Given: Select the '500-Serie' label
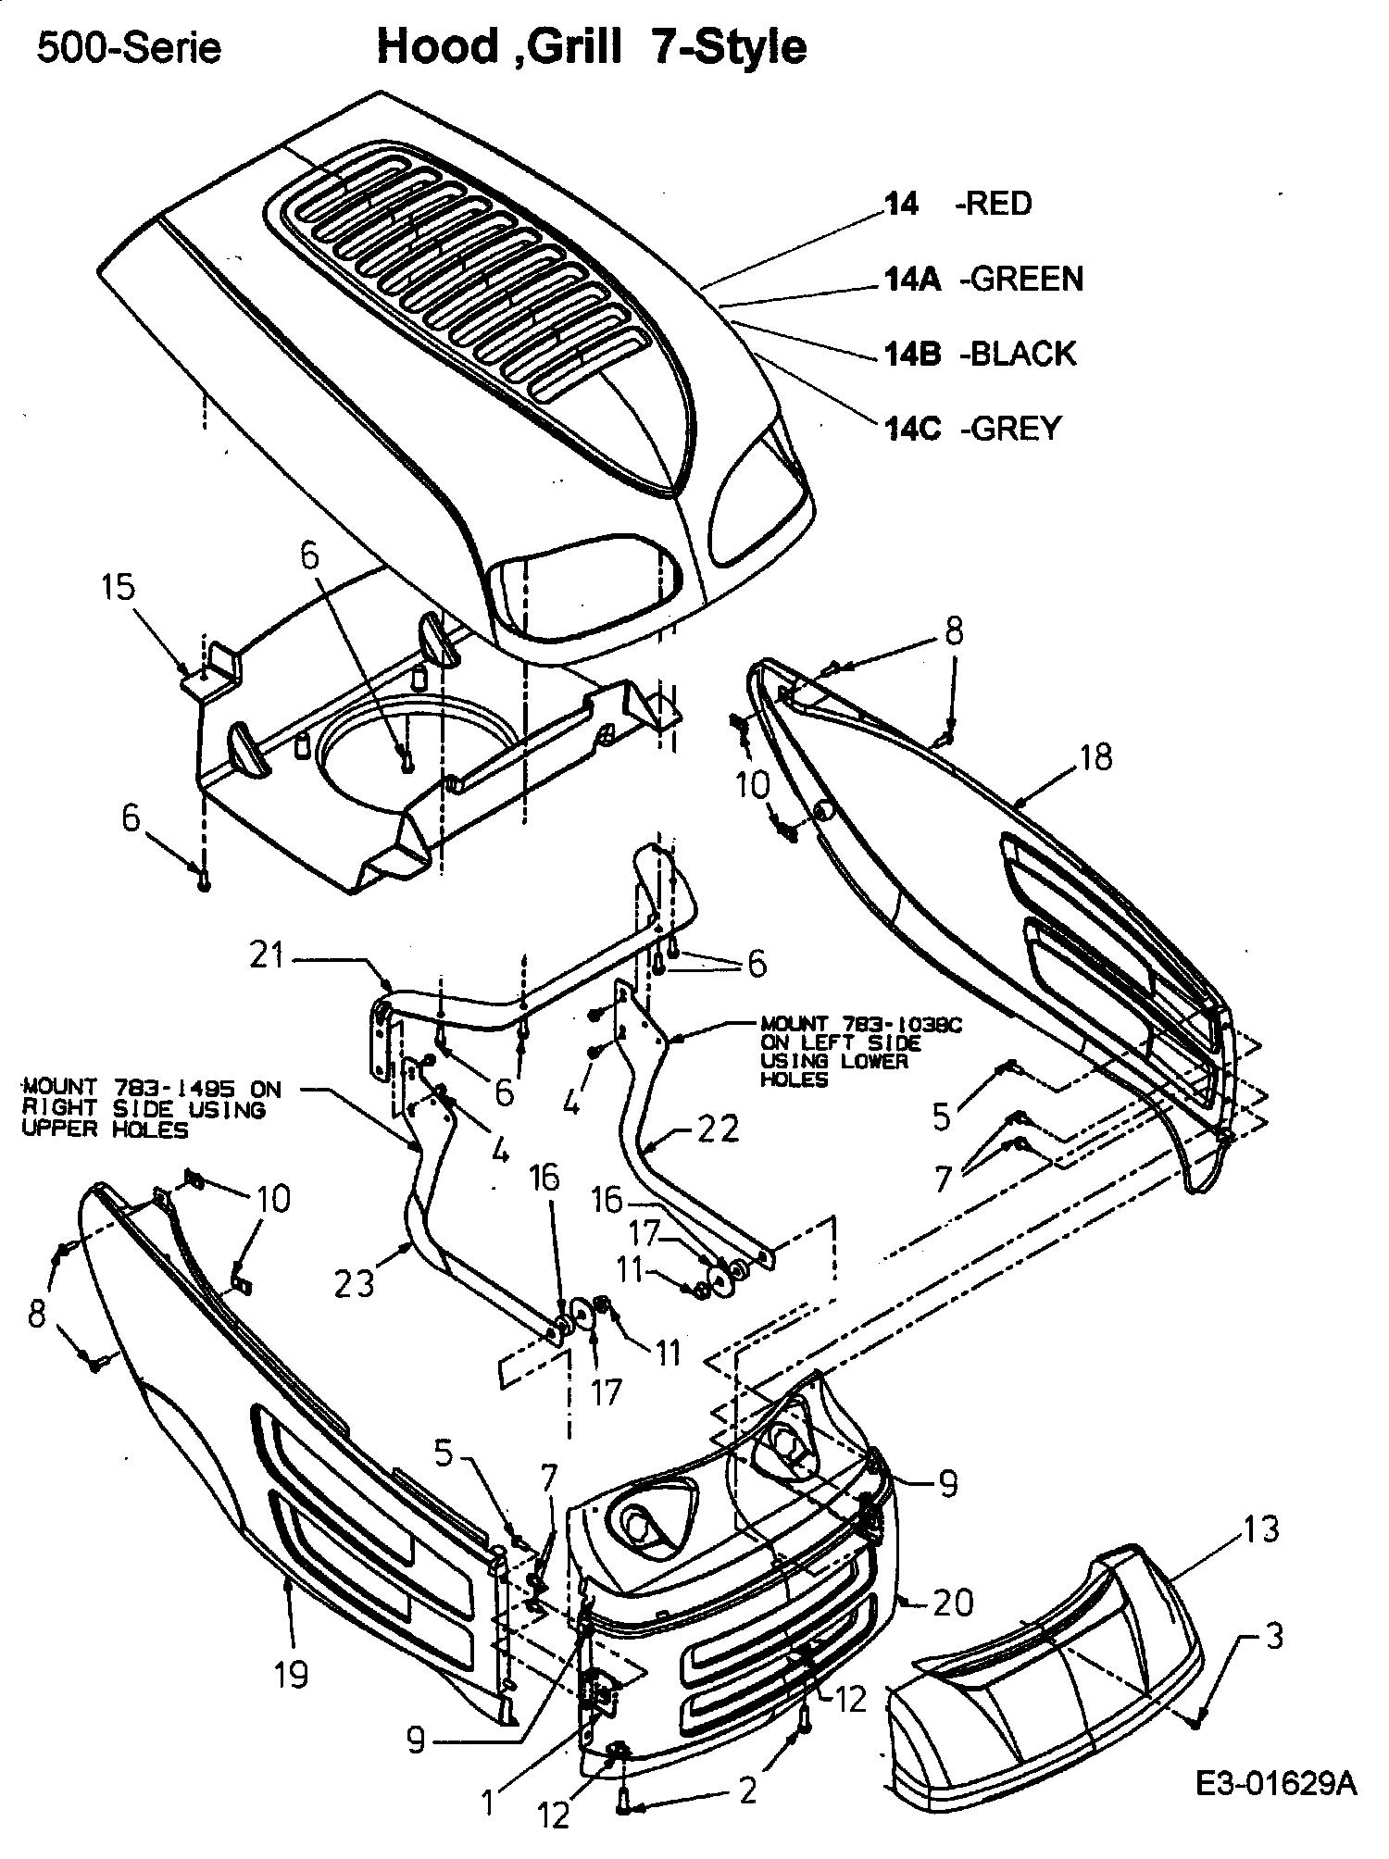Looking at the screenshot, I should (x=129, y=48).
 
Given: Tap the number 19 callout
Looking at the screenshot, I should (x=292, y=1673).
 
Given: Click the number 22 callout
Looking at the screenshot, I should (x=720, y=1128).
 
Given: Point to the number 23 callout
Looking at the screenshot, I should (x=354, y=1282).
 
